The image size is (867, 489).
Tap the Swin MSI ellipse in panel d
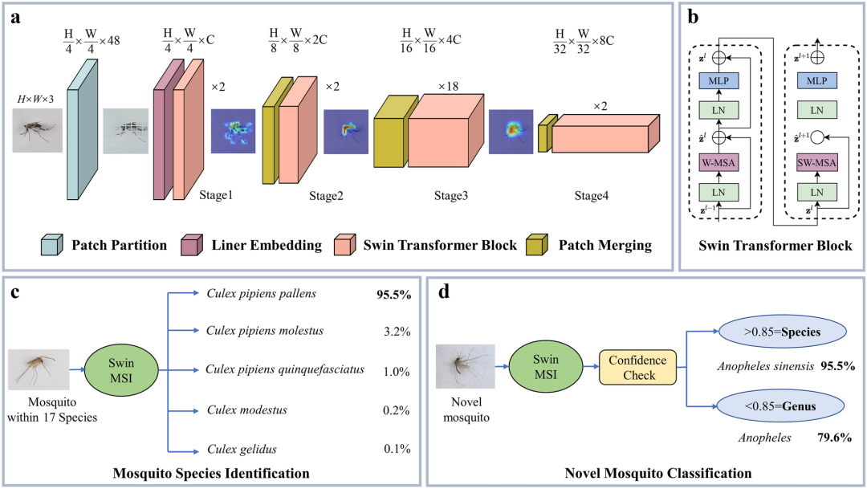pyautogui.click(x=547, y=368)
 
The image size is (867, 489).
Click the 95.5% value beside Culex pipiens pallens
pyautogui.click(x=393, y=295)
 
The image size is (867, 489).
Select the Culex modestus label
pyautogui.click(x=246, y=410)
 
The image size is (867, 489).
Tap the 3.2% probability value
pyautogui.click(x=396, y=330)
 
